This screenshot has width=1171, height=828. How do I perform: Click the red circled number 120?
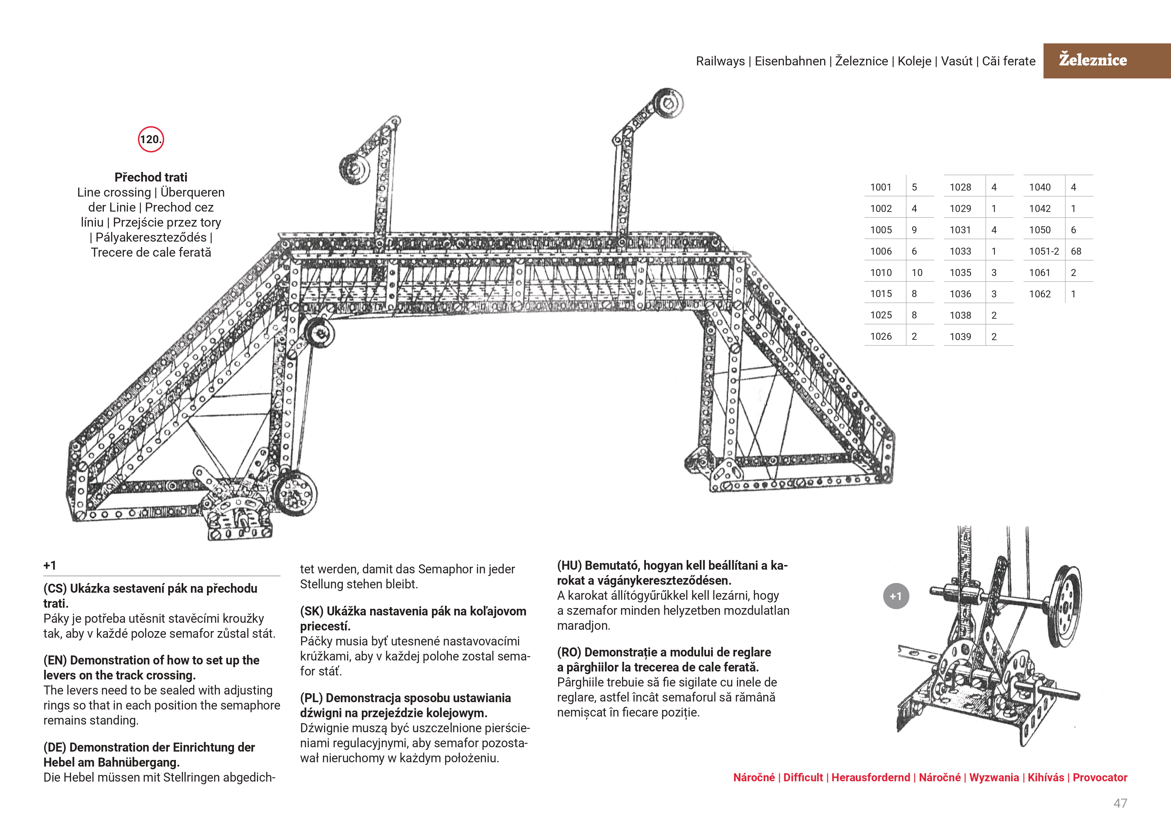(151, 139)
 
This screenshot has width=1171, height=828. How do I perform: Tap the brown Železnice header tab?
(1093, 60)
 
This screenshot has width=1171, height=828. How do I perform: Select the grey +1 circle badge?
(896, 596)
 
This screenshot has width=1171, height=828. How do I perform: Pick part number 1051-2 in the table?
(1043, 251)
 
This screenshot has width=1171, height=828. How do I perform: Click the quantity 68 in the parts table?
(1076, 251)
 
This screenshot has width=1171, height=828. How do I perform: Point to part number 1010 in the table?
(881, 273)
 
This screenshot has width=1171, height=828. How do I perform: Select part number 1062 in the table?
(1039, 294)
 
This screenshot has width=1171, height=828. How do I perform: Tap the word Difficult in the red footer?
(803, 778)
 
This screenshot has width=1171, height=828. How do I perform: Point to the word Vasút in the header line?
(956, 61)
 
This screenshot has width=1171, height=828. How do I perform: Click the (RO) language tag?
(569, 652)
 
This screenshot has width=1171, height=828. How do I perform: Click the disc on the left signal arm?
(354, 168)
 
